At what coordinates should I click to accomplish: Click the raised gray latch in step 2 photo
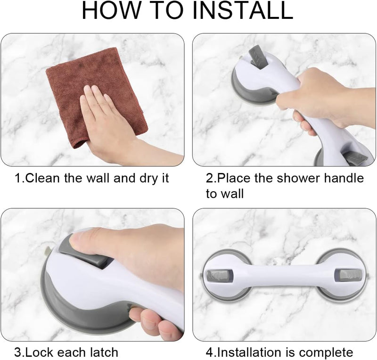[258, 56]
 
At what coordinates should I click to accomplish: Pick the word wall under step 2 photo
[233, 194]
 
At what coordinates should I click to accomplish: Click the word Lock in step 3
[39, 352]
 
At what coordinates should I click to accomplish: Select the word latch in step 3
[104, 352]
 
